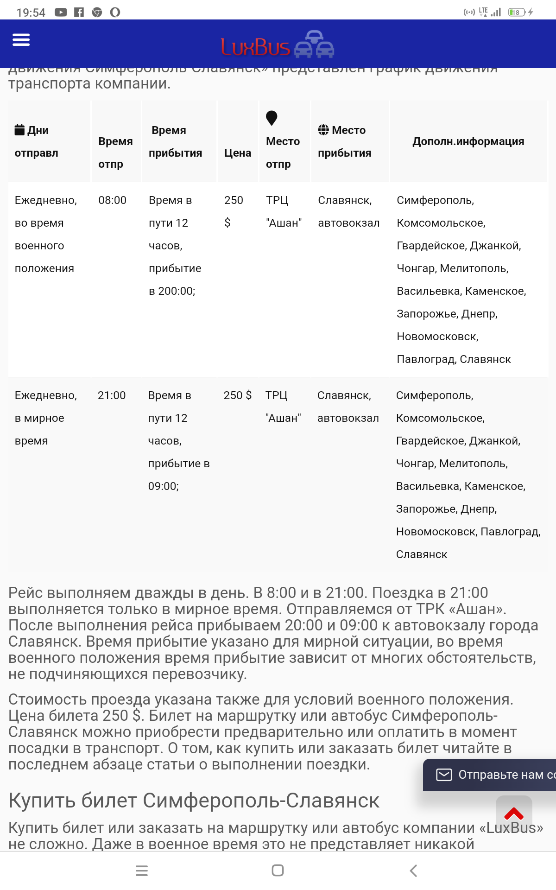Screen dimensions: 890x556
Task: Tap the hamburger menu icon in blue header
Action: point(21,40)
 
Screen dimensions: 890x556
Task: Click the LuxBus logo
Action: point(277,45)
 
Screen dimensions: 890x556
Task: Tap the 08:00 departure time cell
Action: point(112,200)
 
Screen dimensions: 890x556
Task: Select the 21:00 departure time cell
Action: point(112,395)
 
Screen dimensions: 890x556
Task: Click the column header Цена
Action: point(238,153)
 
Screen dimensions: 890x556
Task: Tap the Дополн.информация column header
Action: point(468,141)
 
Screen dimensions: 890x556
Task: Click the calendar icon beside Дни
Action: point(19,129)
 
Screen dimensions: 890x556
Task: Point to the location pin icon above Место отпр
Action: point(272,118)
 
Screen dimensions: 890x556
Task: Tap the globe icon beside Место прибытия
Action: point(323,130)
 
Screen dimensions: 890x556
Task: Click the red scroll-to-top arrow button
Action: point(513,814)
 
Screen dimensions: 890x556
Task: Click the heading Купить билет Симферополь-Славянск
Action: point(194,801)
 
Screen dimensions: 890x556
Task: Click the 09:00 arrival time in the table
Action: point(163,486)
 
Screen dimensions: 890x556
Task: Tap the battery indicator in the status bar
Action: point(516,12)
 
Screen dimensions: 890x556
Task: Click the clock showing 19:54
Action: point(31,13)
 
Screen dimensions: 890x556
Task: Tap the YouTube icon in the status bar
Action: point(61,12)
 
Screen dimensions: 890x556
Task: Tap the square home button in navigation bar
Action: point(278,871)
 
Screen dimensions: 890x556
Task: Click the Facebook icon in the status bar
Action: point(79,12)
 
